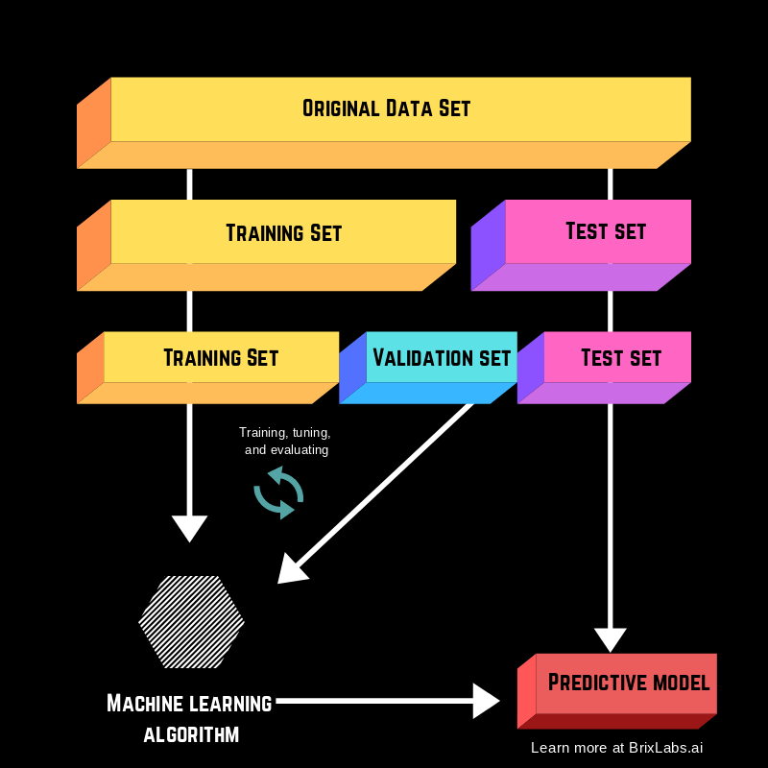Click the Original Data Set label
point(386,108)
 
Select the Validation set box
point(441,358)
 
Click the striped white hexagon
point(191,622)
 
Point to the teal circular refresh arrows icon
point(278,492)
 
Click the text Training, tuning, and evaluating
point(285,441)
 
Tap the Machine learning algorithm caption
point(190,719)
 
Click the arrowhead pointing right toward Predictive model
point(486,701)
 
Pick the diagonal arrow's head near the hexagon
point(290,571)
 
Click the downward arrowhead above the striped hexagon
point(189,528)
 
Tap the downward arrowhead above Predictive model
point(611,639)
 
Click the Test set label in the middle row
point(606,231)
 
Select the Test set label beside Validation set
point(621,358)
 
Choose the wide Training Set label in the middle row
point(283,232)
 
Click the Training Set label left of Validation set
point(221,358)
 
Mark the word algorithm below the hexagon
point(191,736)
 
